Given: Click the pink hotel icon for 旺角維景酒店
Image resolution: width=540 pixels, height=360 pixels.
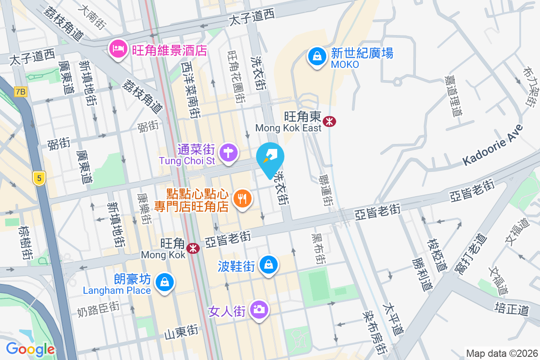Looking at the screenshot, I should coord(118,49).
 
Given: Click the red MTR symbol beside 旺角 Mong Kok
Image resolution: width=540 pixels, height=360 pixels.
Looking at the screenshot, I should coord(193,248).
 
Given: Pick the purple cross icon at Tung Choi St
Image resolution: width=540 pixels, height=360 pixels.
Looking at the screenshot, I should coord(229,153).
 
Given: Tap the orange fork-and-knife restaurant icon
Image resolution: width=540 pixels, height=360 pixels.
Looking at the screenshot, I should coord(243,198).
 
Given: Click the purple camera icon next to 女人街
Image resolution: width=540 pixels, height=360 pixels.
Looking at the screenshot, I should coord(259,310).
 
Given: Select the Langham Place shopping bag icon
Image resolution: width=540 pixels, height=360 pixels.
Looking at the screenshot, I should coord(164,283).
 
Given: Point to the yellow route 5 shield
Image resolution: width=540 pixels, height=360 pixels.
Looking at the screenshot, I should coord(40,178).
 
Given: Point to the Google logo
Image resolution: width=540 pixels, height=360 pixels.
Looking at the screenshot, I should coord(31,349).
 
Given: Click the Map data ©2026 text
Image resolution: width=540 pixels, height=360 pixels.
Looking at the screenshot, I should coord(501,353).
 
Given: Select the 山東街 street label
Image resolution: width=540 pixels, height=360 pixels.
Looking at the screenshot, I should coord(180,333).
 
